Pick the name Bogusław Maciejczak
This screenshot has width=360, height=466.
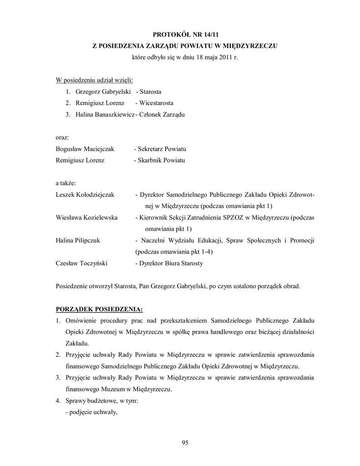coord(85,149)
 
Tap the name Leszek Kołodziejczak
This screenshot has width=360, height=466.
coord(85,194)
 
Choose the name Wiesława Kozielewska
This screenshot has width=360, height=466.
coord(86,218)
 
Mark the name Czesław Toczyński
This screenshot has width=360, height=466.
coord(82,263)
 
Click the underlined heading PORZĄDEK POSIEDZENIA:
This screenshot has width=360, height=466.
coord(99,309)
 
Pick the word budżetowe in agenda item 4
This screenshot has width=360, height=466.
coord(100,401)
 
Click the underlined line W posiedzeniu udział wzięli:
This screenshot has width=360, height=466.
coord(94,80)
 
